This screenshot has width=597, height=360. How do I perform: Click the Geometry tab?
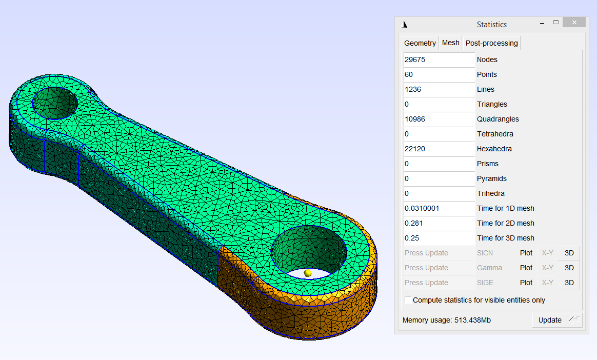click(x=420, y=43)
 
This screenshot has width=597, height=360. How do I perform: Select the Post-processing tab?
click(x=491, y=43)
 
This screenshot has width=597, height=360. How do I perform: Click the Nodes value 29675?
click(x=439, y=59)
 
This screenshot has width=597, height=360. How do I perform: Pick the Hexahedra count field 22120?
click(x=439, y=149)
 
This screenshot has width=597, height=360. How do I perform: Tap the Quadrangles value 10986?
click(x=439, y=119)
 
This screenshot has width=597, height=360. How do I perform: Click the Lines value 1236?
click(x=439, y=89)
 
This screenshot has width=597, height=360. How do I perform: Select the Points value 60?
click(x=439, y=74)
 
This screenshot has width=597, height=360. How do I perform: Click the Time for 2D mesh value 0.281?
click(x=439, y=223)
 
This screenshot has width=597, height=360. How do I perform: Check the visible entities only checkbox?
click(x=408, y=300)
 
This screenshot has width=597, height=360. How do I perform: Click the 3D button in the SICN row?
click(x=569, y=253)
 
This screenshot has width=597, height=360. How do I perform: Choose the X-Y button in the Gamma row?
click(x=547, y=268)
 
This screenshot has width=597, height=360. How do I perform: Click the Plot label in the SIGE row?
click(x=526, y=283)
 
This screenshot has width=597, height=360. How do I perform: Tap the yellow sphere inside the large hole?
click(x=308, y=273)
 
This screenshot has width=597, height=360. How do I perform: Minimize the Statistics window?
click(x=543, y=23)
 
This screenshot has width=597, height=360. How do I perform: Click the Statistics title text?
click(x=491, y=25)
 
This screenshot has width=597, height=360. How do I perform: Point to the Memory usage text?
click(x=446, y=320)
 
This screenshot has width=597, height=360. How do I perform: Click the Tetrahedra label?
click(x=494, y=134)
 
